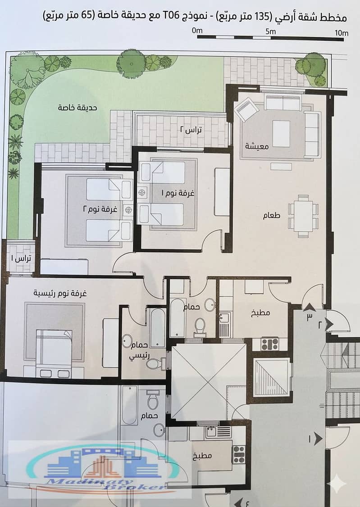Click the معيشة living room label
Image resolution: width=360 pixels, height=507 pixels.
coord(257,146)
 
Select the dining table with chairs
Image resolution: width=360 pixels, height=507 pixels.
coord(303,216)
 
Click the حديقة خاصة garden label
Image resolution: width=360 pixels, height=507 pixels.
coord(77,108)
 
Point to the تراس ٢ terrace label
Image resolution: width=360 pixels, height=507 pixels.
coord(191,130)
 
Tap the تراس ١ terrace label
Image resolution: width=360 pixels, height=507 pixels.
coord(21,258)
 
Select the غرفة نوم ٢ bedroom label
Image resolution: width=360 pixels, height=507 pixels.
coord(100,209)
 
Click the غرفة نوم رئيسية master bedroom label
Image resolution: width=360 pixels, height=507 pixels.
coord(60,294)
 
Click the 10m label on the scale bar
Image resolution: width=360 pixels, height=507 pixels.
coord(342,33)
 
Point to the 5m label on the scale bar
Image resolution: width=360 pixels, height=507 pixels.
coord(271,32)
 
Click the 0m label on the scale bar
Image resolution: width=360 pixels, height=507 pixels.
coord(197,31)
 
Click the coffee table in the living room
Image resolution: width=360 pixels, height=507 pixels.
coord(281,134)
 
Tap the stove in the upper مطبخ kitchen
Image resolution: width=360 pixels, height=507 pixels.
coord(270,344)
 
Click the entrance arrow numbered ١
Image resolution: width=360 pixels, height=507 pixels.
coord(318,439)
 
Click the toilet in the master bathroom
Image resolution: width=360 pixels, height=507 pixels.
coord(154,363)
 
